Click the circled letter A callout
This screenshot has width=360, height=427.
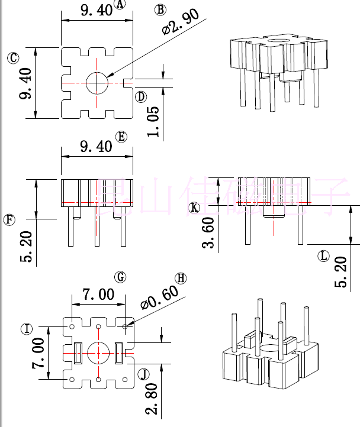120,5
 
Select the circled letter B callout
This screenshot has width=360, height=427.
160,9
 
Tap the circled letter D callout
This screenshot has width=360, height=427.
140,96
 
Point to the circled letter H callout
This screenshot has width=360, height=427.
180,279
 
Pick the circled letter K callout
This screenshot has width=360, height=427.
194,208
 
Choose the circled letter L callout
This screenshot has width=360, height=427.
323,256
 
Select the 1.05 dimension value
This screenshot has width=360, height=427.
153,122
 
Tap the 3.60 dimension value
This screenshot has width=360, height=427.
208,232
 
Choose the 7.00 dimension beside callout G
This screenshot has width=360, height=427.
98,294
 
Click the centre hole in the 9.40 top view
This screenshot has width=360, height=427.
97,83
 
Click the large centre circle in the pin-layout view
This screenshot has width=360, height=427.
98,353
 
